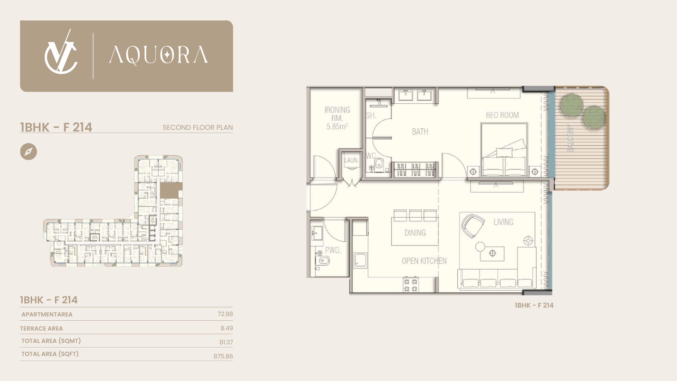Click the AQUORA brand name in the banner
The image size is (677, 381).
tap(158, 55)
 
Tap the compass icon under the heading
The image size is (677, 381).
tap(29, 152)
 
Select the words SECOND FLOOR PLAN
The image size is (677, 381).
tap(197, 127)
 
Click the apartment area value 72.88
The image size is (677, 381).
tap(225, 314)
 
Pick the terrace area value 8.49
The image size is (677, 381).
tap(227, 328)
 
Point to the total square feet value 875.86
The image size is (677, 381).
tap(223, 356)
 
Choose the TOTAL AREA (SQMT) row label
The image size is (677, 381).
tap(51, 341)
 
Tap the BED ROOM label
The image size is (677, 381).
tap(502, 115)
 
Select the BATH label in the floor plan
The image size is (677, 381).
tap(420, 132)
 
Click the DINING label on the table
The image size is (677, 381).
tap(415, 233)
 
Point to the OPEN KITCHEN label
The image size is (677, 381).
tap(424, 261)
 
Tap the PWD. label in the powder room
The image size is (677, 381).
tap(333, 250)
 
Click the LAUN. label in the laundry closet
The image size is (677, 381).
tap(351, 161)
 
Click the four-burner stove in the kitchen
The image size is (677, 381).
tap(410, 285)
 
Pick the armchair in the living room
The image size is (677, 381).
tap(472, 226)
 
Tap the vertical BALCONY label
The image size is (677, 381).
tap(570, 138)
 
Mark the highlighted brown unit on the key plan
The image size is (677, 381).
tap(171, 190)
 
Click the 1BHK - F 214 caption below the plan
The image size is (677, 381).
tap(534, 306)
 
